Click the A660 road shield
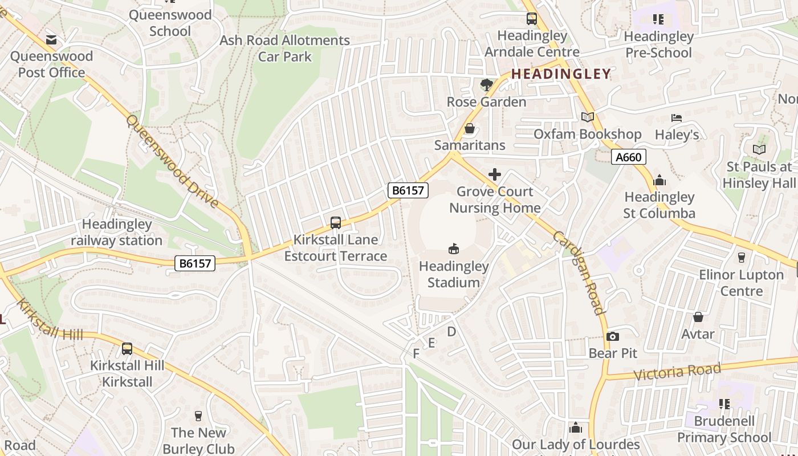[629, 157]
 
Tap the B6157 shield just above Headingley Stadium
[408, 190]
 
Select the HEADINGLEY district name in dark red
[561, 74]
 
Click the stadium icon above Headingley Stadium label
[454, 249]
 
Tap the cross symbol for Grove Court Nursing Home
[495, 174]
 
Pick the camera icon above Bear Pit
[613, 336]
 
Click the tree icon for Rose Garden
[486, 85]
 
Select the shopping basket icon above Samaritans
[470, 128]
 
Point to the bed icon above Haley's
[677, 118]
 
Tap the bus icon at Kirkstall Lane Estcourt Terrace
[336, 223]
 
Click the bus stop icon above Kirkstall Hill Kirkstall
[127, 348]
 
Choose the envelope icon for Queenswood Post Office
[51, 39]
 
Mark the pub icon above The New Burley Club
[198, 416]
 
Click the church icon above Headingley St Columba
[659, 180]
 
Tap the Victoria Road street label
[677, 372]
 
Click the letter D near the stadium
[451, 332]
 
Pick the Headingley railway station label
[116, 233]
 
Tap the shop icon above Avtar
[698, 317]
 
